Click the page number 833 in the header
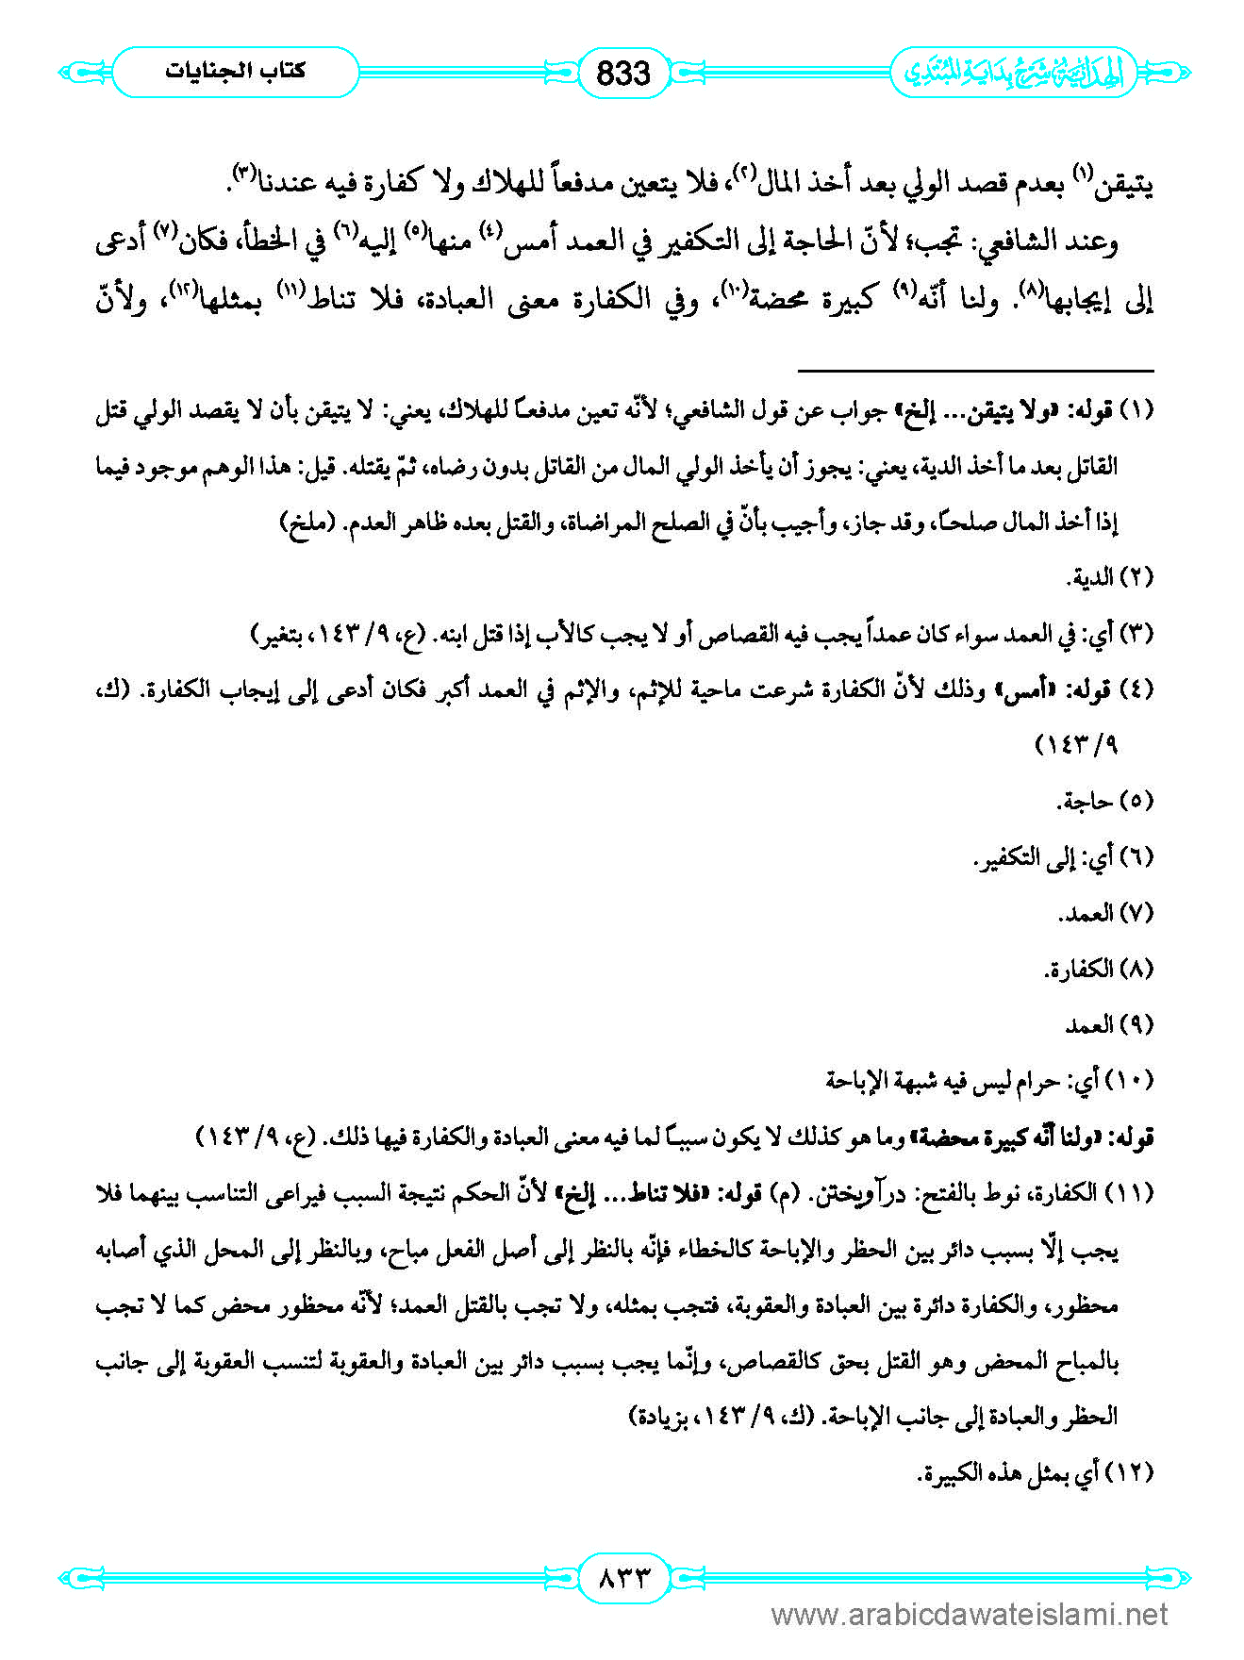pyautogui.click(x=623, y=73)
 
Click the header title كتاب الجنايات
pyautogui.click(x=235, y=72)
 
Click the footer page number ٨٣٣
pyautogui.click(x=622, y=1576)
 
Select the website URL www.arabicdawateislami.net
pyautogui.click(x=969, y=1616)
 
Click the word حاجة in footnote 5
pyautogui.click(x=1085, y=802)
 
